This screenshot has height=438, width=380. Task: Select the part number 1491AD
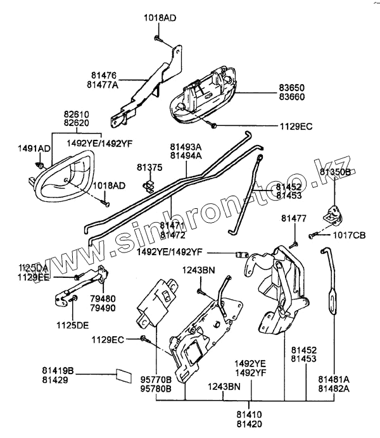tap(34, 148)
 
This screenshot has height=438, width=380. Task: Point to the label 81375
tap(149, 168)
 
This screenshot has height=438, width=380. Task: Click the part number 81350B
tap(335, 172)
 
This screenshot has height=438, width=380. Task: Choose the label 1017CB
tap(350, 235)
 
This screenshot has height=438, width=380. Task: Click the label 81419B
tap(58, 370)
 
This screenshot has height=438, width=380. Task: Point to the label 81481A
tap(333, 380)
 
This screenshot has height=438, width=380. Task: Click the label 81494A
tap(186, 154)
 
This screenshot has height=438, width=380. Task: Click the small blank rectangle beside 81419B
tap(122, 375)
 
